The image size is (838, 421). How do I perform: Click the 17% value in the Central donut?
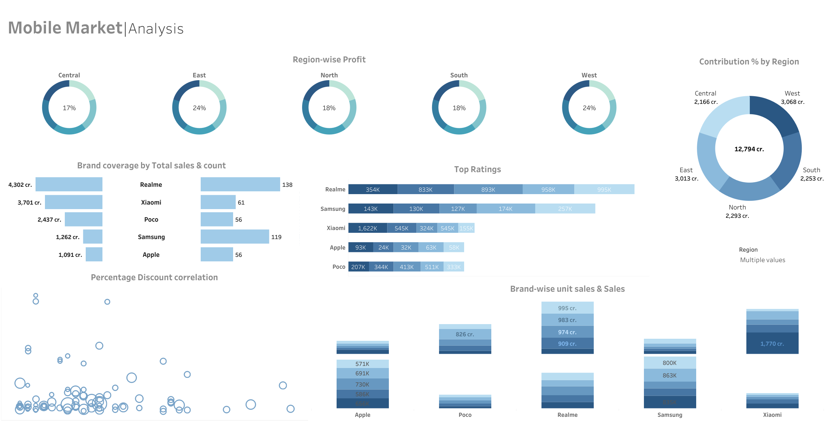(69, 108)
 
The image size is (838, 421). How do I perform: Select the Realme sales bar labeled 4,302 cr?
(69, 184)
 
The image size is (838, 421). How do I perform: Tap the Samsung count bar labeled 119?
(235, 237)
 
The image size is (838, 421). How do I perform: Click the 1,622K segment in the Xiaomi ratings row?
(368, 228)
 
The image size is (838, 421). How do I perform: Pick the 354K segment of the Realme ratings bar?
(372, 190)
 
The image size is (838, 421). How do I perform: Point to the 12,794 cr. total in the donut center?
(749, 149)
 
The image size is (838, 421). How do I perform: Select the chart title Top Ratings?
(477, 169)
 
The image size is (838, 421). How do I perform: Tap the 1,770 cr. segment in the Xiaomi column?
(772, 344)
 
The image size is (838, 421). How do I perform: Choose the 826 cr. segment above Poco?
(465, 334)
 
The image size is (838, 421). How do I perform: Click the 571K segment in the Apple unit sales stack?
(362, 364)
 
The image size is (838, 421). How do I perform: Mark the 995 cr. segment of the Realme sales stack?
(567, 308)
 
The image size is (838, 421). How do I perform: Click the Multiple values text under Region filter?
(763, 260)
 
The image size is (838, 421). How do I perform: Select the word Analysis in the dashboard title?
(156, 29)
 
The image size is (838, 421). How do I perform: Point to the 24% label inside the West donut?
(589, 108)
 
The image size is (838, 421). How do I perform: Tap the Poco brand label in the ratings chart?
(339, 267)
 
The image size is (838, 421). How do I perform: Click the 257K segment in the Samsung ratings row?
(565, 209)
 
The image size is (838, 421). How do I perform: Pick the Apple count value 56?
(238, 255)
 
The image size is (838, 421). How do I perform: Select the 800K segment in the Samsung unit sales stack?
(670, 363)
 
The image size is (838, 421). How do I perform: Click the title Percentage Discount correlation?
(154, 277)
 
